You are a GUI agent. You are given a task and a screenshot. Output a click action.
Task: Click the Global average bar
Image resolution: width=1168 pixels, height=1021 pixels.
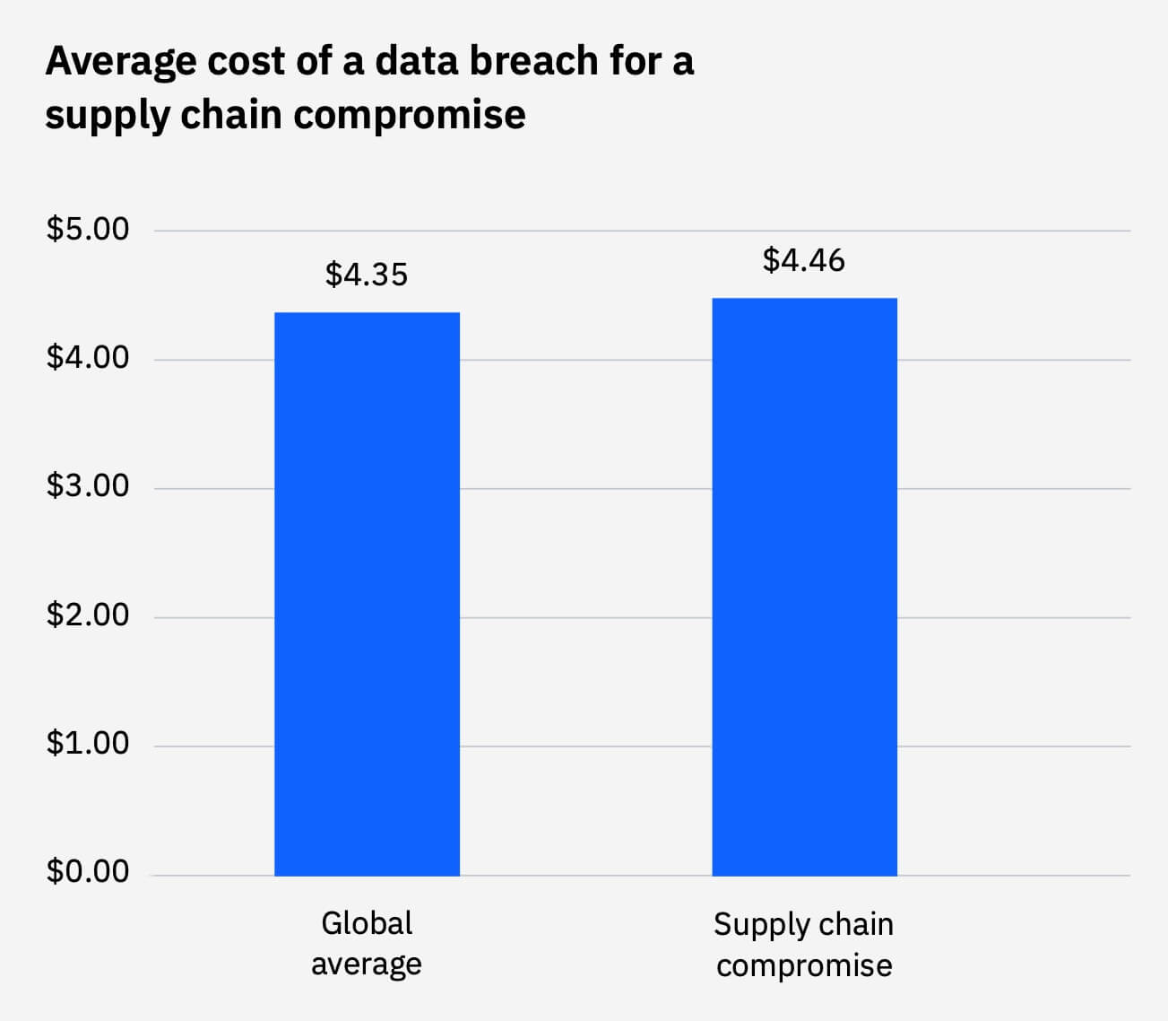pos(367,593)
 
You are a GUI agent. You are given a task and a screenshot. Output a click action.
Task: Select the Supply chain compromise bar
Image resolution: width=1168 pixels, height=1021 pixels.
pos(804,586)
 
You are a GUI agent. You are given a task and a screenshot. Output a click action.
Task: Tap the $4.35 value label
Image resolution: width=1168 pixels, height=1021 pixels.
pos(367,275)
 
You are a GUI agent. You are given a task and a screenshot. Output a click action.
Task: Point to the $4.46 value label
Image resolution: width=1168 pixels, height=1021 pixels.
pos(804,260)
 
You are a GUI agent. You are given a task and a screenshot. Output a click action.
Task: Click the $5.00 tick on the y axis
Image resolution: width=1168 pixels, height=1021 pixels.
pos(88,229)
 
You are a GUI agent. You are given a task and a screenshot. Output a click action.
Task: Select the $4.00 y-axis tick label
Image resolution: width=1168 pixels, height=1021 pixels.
pos(88,358)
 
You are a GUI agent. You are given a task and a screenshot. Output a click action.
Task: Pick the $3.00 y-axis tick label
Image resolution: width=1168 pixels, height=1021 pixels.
pos(88,486)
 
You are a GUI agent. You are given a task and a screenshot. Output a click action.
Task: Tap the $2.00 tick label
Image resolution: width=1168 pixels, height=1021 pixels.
pos(88,615)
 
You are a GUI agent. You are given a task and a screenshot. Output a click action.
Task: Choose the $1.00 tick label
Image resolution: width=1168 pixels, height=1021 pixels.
pos(88,744)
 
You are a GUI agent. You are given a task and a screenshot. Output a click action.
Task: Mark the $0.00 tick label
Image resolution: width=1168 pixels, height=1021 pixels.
pos(88,872)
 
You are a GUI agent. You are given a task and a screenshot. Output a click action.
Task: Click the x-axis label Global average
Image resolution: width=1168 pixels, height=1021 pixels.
pos(367,943)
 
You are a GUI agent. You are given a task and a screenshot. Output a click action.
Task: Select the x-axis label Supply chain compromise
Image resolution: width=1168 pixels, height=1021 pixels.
pos(804,945)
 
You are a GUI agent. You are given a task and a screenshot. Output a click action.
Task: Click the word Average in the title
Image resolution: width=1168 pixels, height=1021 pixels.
pos(121,61)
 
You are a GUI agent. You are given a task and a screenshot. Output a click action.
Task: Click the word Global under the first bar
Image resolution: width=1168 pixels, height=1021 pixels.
pos(367,923)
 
